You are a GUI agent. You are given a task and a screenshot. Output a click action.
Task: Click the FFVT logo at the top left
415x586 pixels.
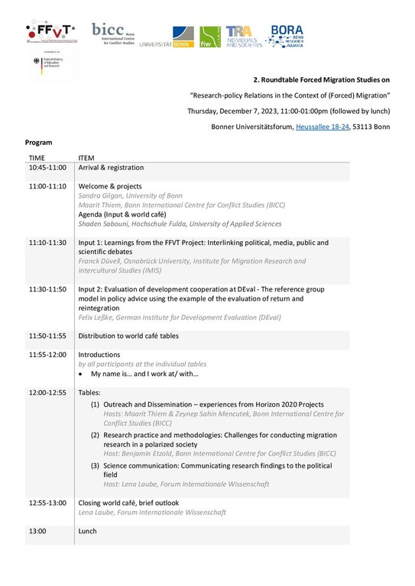[x=52, y=33]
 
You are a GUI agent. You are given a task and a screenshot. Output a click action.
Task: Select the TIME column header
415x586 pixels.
[x=37, y=158]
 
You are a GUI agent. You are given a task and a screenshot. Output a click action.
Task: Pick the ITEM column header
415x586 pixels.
[x=87, y=158]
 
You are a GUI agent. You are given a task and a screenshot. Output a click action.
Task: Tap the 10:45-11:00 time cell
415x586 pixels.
[x=47, y=167]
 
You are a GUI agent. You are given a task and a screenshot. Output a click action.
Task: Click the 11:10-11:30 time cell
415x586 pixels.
[x=47, y=243]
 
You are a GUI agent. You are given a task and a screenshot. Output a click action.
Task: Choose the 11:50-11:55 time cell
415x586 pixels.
[x=47, y=335]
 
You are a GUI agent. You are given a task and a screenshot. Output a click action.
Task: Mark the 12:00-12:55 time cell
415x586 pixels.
[x=47, y=392]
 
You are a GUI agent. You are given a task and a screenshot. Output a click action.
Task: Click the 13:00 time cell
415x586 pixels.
[x=37, y=530]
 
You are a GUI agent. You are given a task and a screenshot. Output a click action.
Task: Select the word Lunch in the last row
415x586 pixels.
[x=88, y=530]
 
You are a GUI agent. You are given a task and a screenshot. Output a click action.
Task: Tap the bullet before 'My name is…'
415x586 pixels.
[x=82, y=374]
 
